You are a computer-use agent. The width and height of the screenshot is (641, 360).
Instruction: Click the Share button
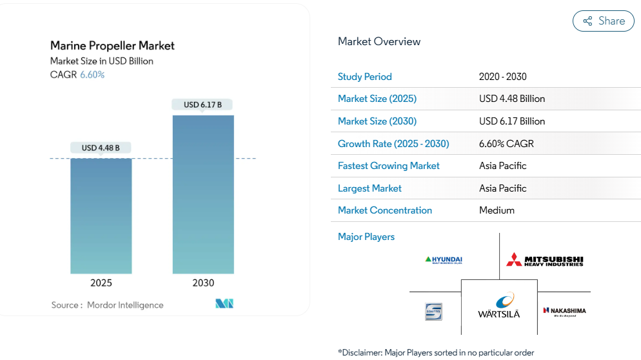coord(603,21)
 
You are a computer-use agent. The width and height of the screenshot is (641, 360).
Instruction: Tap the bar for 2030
coord(203,194)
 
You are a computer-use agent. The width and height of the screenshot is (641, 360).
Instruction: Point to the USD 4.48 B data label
coord(101,148)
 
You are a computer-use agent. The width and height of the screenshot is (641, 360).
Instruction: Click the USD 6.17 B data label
coord(202,105)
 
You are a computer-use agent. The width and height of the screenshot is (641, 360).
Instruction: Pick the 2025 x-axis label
coord(101,283)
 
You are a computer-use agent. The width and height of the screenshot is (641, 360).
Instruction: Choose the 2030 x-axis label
coord(203,283)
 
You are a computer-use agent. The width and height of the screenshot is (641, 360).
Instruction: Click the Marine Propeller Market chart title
coord(112,46)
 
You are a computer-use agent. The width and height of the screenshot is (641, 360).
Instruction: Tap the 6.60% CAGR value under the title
coord(92,75)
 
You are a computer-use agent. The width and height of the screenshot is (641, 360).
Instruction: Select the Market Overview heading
coord(379,41)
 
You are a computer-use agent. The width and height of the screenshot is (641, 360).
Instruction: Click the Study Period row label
coord(364,77)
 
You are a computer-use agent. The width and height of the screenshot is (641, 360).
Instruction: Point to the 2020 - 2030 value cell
coord(502,77)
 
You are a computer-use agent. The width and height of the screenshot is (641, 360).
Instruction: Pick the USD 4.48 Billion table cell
coord(512,99)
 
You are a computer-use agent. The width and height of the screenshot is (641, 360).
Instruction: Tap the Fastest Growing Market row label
coord(388,166)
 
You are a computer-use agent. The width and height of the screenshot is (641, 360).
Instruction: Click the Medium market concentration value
coord(497,210)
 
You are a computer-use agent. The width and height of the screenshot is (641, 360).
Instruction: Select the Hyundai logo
coord(444,260)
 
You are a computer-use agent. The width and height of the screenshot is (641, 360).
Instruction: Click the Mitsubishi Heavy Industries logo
coord(545,259)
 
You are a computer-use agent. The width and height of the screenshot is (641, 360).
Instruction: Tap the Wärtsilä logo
coord(499,305)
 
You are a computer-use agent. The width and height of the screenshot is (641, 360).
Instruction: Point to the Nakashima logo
coord(564,311)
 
